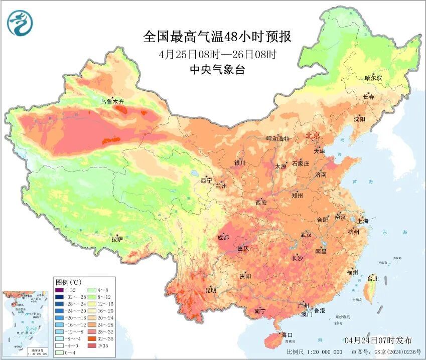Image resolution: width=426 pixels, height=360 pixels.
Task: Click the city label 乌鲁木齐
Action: pyautogui.click(x=111, y=102)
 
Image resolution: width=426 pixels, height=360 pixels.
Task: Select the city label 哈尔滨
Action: pyautogui.click(x=373, y=78)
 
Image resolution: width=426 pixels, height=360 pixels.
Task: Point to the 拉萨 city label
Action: pyautogui.click(x=117, y=240)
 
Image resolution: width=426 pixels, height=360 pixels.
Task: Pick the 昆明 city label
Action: pyautogui.click(x=211, y=290)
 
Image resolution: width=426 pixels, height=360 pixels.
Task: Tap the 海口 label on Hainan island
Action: pyautogui.click(x=287, y=334)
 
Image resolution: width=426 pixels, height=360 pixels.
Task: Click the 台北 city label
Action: pyautogui.click(x=373, y=279)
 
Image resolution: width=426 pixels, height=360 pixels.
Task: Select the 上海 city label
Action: pyautogui.click(x=362, y=221)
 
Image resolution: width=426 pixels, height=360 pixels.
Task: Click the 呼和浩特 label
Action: pyautogui.click(x=277, y=139)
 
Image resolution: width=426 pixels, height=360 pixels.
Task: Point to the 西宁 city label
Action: pyautogui.click(x=207, y=180)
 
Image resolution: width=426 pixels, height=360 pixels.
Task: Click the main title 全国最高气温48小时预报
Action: pyautogui.click(x=217, y=37)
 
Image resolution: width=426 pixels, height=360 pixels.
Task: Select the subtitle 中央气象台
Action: pyautogui.click(x=217, y=70)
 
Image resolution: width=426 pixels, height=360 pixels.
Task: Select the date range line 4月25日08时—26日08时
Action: pyautogui.click(x=217, y=54)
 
